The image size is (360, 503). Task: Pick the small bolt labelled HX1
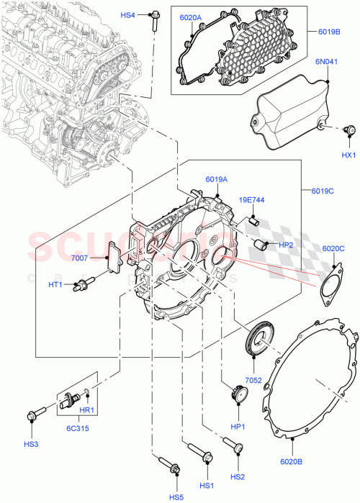(x=349, y=130)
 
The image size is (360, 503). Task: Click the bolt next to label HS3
(x=37, y=414)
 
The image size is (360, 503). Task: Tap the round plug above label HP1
(x=238, y=394)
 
